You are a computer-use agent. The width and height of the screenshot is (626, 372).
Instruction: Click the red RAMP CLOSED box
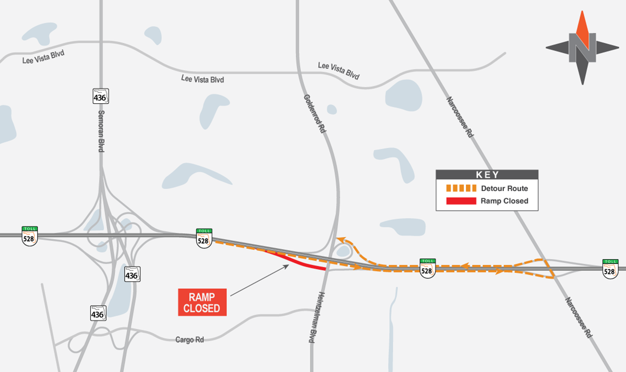click(x=202, y=302)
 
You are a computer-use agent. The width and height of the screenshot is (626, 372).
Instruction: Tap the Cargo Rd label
click(x=189, y=340)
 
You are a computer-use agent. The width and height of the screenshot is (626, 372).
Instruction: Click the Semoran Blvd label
click(x=101, y=131)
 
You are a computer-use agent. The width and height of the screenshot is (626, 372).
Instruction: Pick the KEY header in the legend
click(x=487, y=175)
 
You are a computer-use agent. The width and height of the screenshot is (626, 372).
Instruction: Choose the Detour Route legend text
click(x=504, y=188)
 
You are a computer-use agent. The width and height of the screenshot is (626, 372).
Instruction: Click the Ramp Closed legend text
click(x=504, y=201)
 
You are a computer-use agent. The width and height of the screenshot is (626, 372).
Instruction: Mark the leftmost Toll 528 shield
click(x=30, y=236)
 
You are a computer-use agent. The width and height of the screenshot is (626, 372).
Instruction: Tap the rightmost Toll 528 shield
click(x=610, y=268)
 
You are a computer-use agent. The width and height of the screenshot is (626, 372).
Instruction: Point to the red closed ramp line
click(x=297, y=262)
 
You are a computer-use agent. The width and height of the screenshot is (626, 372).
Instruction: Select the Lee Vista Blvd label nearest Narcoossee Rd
click(x=339, y=70)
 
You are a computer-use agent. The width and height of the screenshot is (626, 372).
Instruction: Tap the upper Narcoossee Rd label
click(x=460, y=116)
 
